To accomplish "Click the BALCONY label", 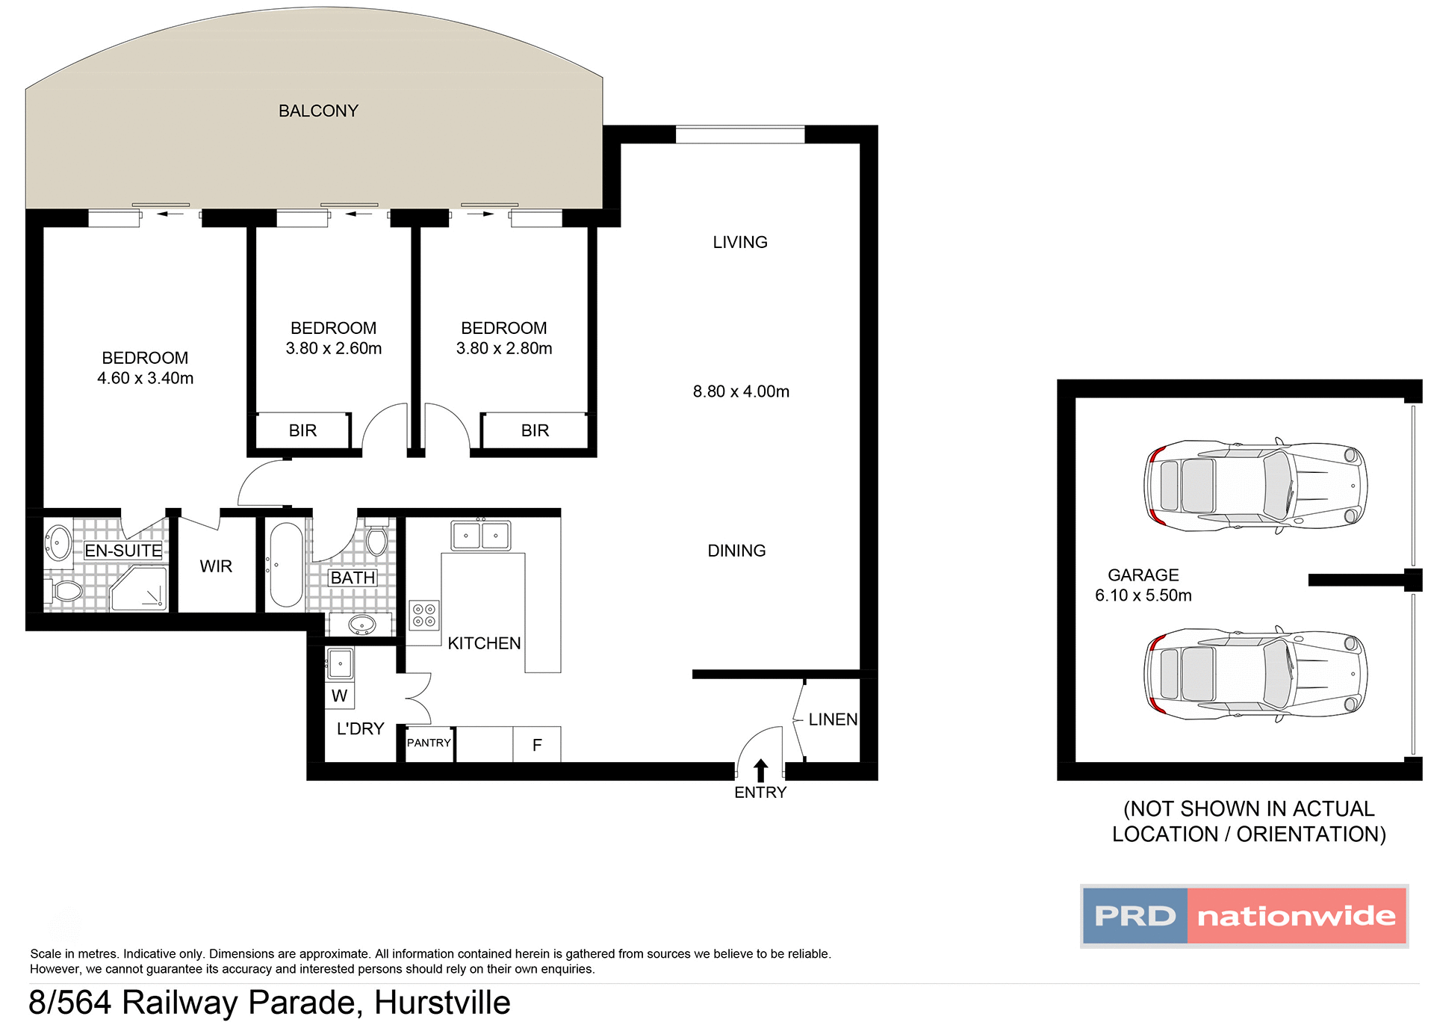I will pos(318,111).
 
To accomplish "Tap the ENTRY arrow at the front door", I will pos(760,770).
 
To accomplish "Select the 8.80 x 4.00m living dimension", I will pos(740,391).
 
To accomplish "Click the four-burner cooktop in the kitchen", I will pos(424,616).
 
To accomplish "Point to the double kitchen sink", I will pos(481,536).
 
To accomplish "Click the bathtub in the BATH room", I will pos(286,565).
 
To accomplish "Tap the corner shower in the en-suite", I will pos(140,589).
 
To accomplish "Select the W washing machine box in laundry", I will pos(340,696).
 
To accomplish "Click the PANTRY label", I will pos(429,743).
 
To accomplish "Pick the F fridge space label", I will pos(536,745).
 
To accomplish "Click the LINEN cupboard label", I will pos(833,719).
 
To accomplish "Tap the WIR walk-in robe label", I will pos(216,566).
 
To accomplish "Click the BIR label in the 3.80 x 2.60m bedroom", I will pos(302,430).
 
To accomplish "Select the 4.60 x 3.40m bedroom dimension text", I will pos(145,379).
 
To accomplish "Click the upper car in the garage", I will pos(1255,486).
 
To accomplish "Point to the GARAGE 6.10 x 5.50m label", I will pos(1143,585).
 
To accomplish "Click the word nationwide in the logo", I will pos(1296,916).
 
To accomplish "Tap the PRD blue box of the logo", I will pos(1135,916).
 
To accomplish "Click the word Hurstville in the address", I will pos(442,1003).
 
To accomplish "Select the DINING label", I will pos(736,551).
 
